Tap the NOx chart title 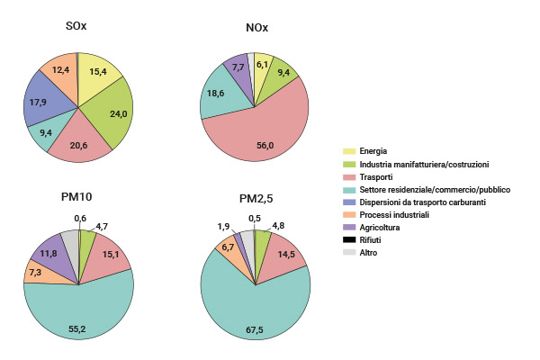click(x=256, y=27)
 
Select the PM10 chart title click(x=78, y=197)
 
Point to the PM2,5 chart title click(x=256, y=198)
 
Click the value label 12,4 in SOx click(x=60, y=70)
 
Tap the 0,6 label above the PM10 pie click(x=79, y=219)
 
